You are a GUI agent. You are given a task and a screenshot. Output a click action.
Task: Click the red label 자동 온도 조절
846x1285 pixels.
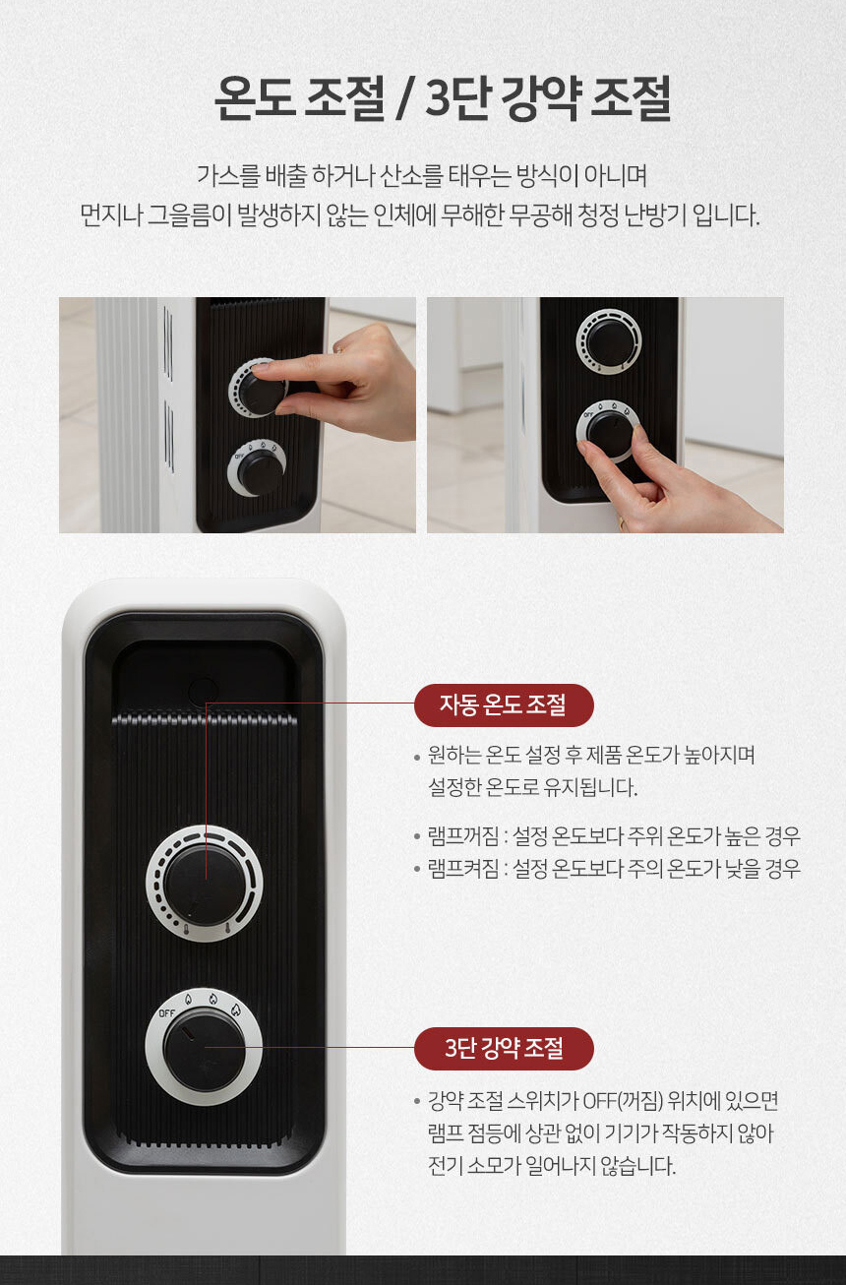pyautogui.click(x=503, y=704)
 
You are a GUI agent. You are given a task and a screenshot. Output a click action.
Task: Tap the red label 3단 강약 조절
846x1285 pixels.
pyautogui.click(x=503, y=1048)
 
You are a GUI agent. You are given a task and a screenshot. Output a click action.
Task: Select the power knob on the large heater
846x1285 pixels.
pyautogui.click(x=205, y=1049)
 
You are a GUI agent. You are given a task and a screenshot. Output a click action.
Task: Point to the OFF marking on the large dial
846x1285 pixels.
pyautogui.click(x=167, y=1013)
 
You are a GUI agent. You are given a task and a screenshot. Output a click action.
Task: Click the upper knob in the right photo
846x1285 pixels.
pyautogui.click(x=609, y=341)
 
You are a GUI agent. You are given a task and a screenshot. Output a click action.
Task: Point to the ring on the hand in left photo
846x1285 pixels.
pyautogui.click(x=337, y=347)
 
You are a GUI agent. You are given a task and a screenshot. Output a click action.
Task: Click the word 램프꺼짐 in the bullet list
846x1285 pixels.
pyautogui.click(x=460, y=836)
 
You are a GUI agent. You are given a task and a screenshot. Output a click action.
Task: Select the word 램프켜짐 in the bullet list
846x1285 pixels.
pyautogui.click(x=460, y=869)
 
